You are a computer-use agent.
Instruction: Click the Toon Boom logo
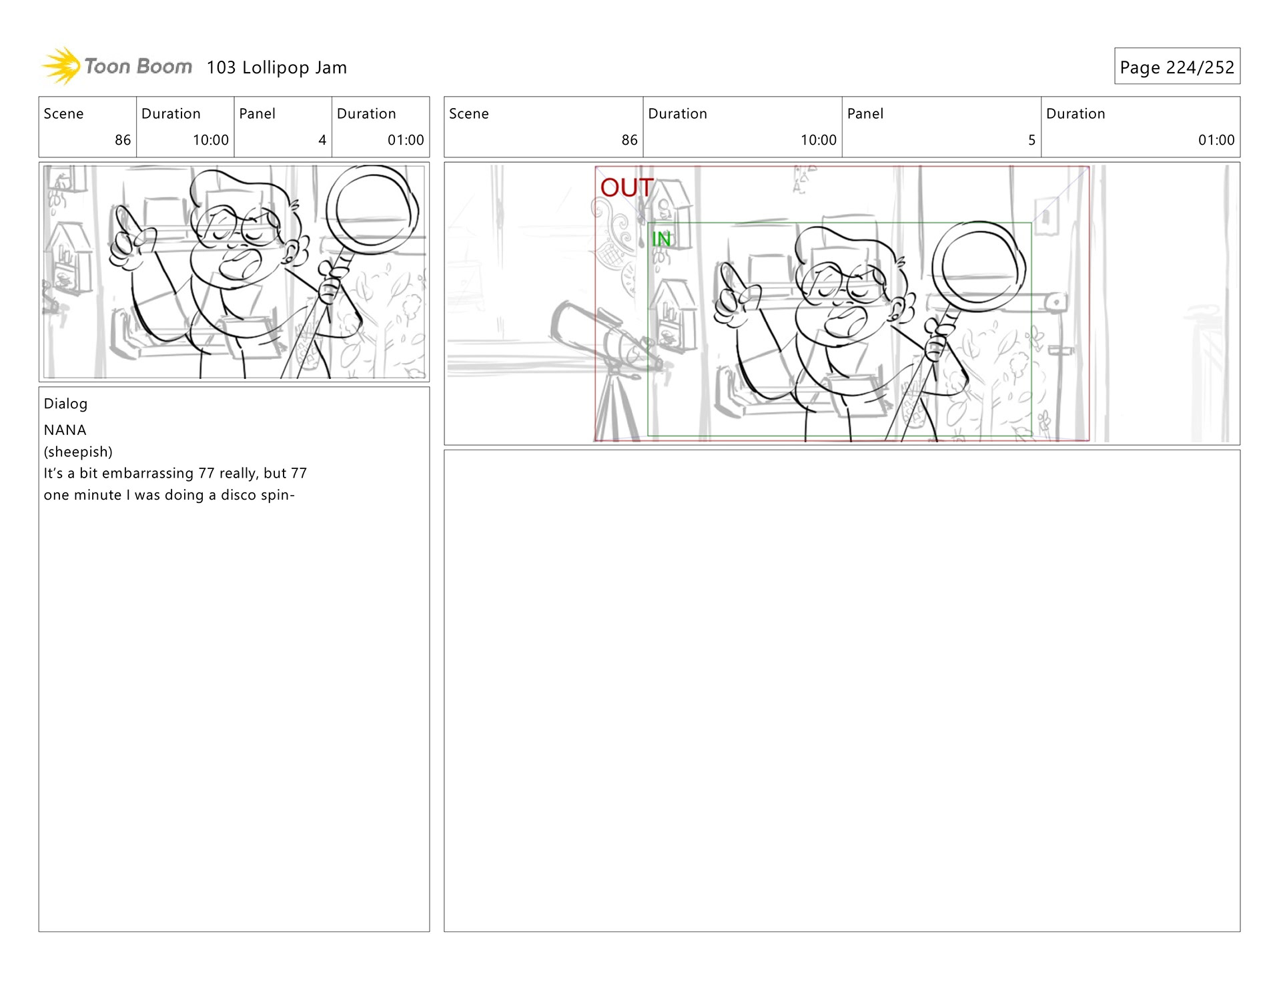[117, 66]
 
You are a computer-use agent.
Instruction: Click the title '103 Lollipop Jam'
[276, 67]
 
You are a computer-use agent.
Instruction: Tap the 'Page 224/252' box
[1177, 66]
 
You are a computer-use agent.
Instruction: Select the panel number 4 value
[322, 140]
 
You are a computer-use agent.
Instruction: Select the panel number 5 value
[1031, 140]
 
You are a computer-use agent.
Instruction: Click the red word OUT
[626, 187]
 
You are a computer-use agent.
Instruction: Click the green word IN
[661, 239]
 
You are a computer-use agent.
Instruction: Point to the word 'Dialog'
[65, 404]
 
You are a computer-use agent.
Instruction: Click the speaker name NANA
[65, 430]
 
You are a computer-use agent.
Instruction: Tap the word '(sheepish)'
[78, 452]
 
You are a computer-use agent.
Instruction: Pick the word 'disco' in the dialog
[238, 495]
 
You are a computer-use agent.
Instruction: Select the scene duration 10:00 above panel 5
[818, 140]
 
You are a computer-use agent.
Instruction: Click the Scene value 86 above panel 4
[123, 140]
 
